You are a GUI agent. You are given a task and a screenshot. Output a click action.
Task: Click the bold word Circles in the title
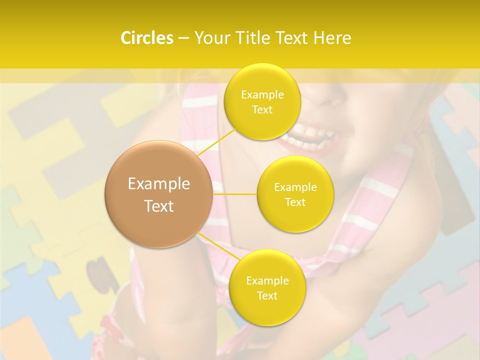point(146,38)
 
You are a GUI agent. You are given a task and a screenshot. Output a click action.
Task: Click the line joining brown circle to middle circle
point(235,194)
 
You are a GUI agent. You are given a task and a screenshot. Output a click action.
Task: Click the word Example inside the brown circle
point(158,184)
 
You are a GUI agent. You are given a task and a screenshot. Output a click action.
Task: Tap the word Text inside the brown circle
point(158,206)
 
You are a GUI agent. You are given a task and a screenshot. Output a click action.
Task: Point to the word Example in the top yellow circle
point(262,94)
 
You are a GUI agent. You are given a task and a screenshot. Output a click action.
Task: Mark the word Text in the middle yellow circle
point(295,202)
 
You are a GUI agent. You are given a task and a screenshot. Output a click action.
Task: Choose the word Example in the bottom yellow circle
point(267,280)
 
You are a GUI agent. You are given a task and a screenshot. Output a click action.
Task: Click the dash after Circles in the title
point(183,38)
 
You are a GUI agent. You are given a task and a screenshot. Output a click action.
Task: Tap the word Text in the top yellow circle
point(262,109)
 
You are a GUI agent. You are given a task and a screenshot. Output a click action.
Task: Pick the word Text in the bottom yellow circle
point(267,295)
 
